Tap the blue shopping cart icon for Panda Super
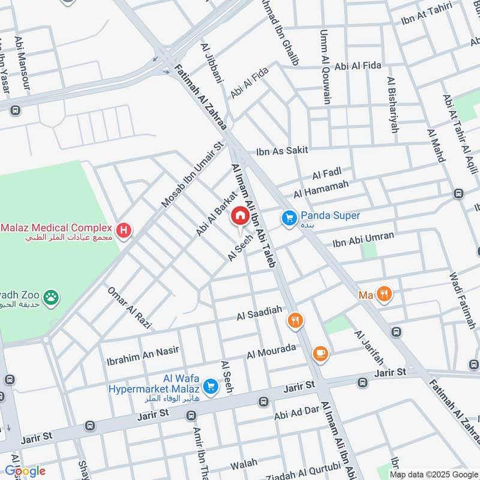(289, 219)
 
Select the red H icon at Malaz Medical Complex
(124, 229)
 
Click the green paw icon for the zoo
(53, 296)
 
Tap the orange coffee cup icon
(321, 353)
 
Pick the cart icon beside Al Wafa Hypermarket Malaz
(210, 386)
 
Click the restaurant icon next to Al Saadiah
(295, 320)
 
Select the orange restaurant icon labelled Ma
(385, 294)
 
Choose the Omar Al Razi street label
(129, 308)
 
